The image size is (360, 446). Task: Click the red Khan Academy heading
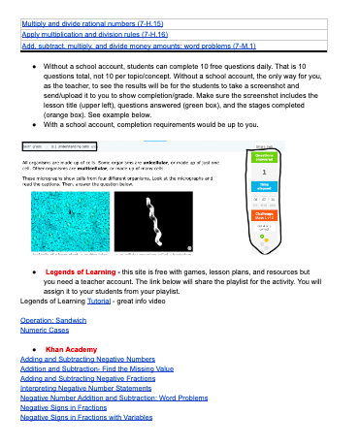pyautogui.click(x=71, y=347)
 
